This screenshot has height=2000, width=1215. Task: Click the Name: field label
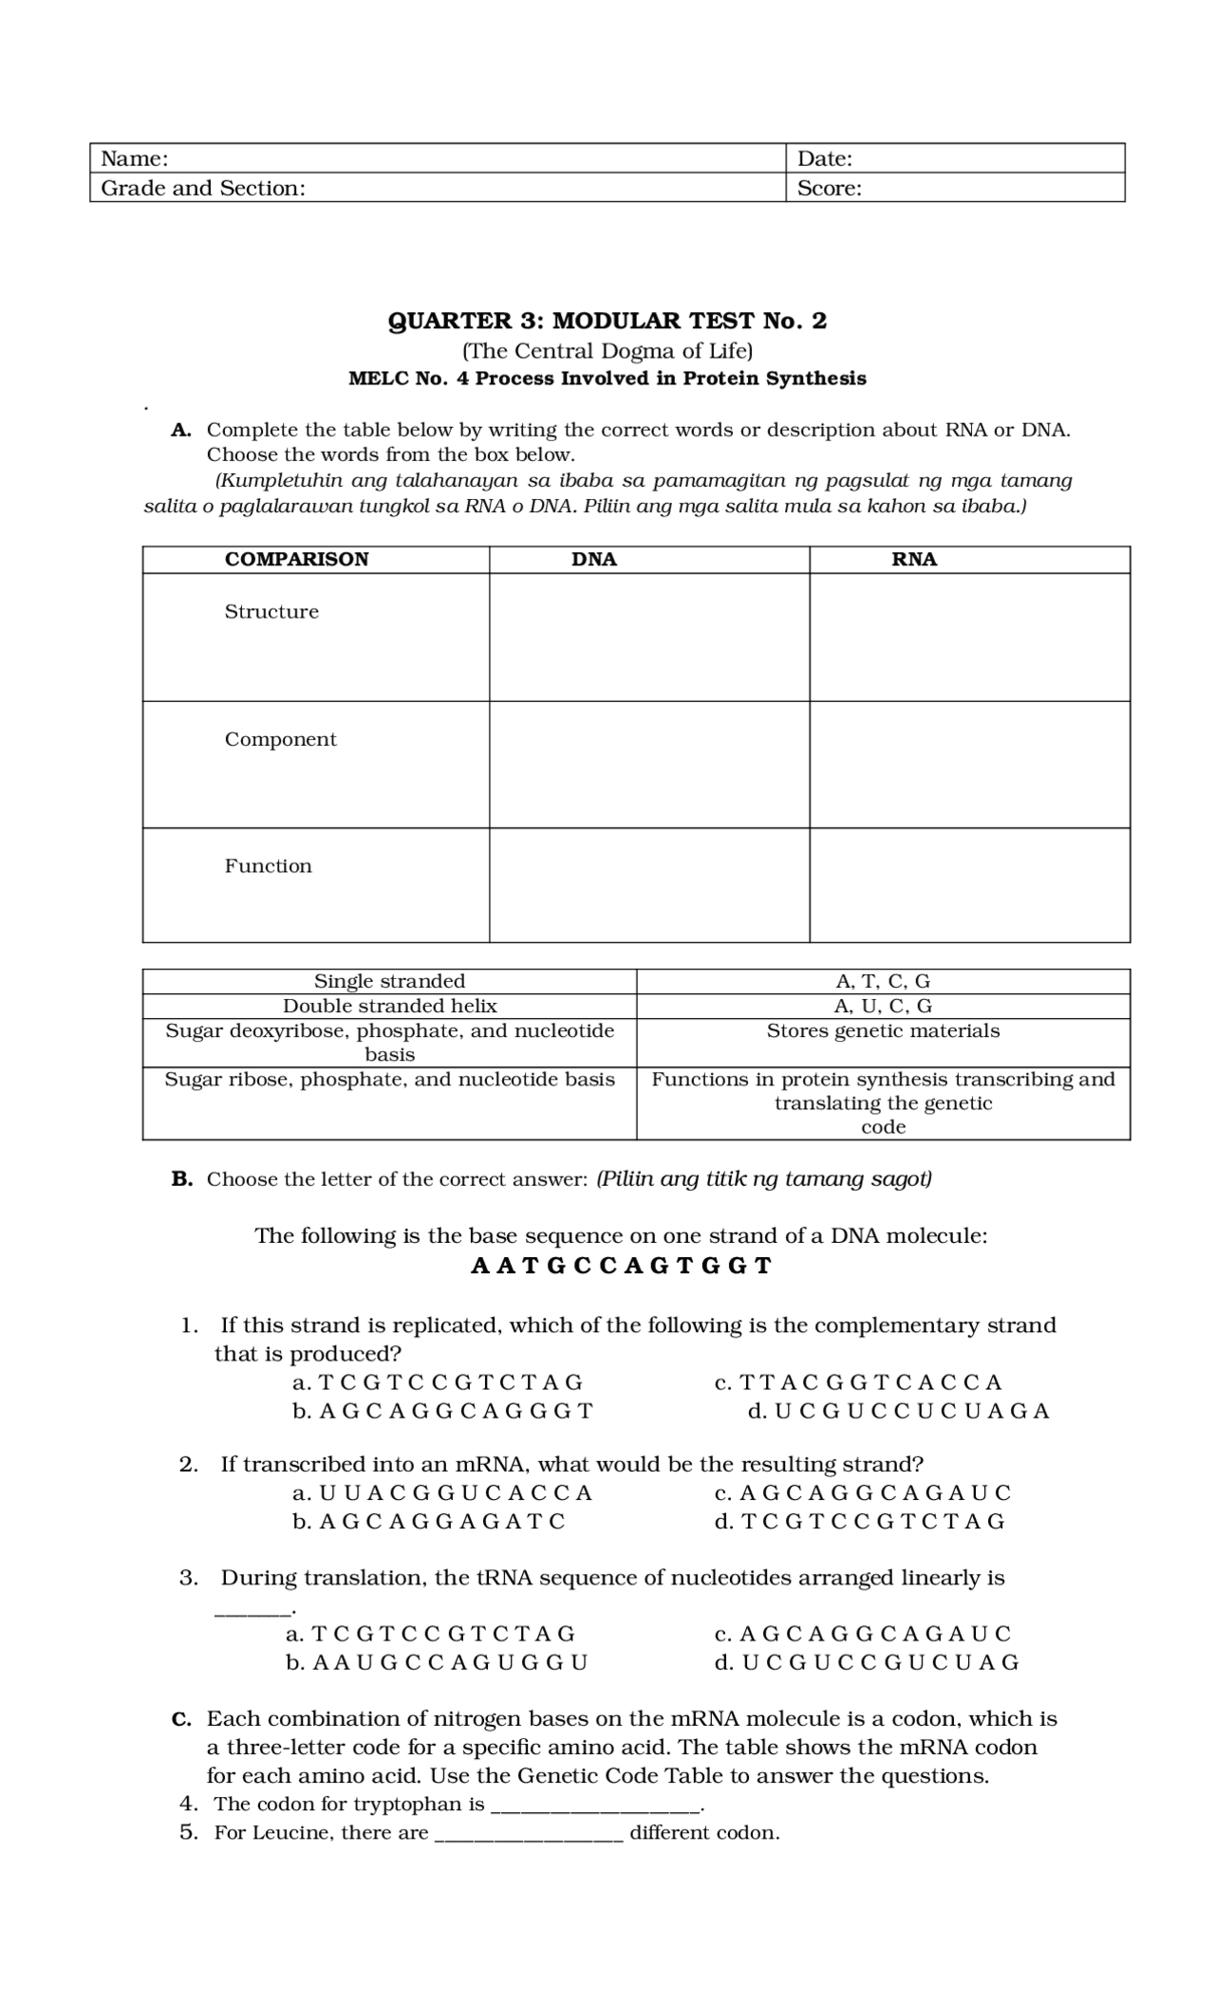click(x=135, y=158)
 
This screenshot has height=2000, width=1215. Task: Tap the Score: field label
click(x=829, y=188)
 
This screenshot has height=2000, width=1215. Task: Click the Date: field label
click(x=824, y=158)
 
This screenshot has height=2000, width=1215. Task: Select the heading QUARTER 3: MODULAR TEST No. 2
click(x=607, y=321)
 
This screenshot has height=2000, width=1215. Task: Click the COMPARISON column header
click(x=296, y=559)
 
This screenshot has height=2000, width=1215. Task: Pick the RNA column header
click(x=913, y=559)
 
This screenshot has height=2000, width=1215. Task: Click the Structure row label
click(x=271, y=612)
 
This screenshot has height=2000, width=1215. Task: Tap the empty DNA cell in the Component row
click(x=649, y=765)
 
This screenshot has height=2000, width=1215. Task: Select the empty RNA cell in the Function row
click(x=969, y=885)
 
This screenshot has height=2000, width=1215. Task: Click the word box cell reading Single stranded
click(x=389, y=981)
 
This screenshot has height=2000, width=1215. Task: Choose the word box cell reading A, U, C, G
click(x=883, y=1006)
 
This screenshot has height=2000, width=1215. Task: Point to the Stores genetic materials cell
click(x=883, y=1031)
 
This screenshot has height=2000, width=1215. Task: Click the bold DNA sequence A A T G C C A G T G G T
click(x=621, y=1266)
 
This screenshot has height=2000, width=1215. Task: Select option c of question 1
click(x=858, y=1382)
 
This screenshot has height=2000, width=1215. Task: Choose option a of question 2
click(x=442, y=1492)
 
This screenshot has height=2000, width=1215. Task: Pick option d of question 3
click(x=867, y=1661)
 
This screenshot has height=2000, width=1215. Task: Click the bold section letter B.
click(x=181, y=1179)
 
